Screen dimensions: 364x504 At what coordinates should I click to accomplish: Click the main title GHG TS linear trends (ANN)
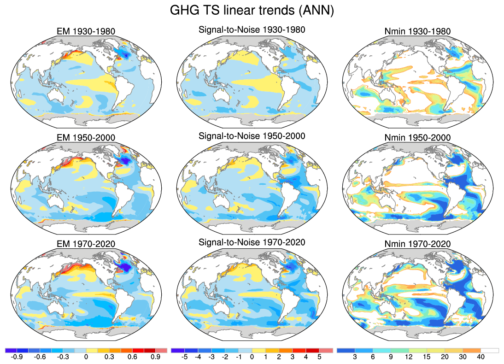pos(252,10)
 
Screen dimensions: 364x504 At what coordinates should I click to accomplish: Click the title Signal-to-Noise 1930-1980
pos(252,30)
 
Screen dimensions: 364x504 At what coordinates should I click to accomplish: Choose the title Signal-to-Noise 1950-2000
pos(252,136)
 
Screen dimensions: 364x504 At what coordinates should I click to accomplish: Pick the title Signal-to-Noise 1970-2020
pos(252,242)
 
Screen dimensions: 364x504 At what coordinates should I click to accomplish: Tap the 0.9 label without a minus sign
pos(155,357)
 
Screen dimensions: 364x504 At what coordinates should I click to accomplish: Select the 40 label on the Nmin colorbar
pos(481,357)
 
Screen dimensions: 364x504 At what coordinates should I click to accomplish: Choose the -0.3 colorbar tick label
pos(62,357)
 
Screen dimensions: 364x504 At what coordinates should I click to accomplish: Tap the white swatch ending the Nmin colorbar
pos(490,350)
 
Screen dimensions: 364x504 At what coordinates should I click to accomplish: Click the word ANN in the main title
pos(317,10)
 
